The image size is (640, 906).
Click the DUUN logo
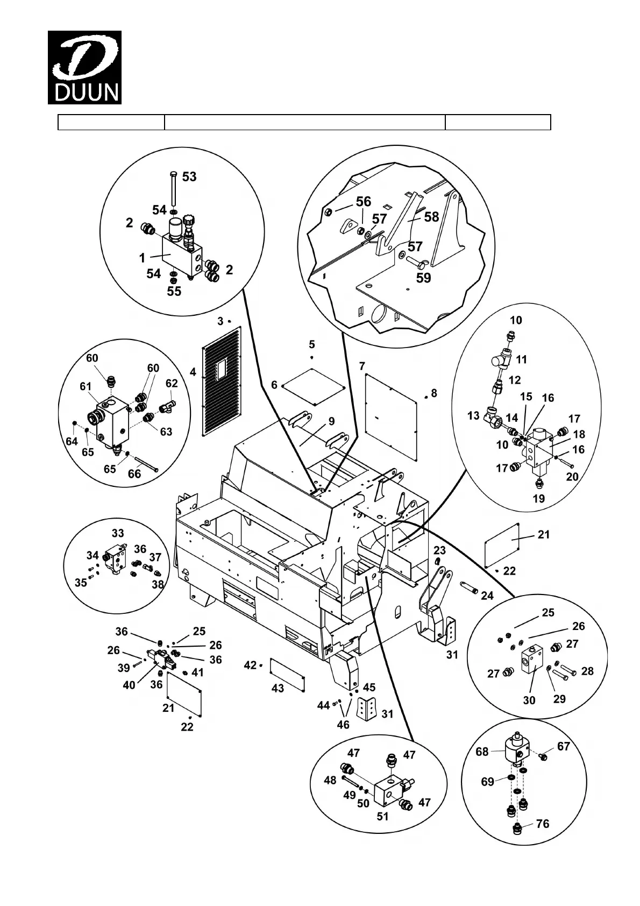point(84,67)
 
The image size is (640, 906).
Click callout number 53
point(189,176)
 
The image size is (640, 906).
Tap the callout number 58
point(431,217)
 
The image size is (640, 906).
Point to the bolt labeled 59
point(415,261)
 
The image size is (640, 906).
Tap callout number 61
point(86,386)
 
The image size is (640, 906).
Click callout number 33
point(118,533)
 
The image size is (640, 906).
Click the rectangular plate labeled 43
point(287,674)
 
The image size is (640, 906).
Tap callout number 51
point(382,816)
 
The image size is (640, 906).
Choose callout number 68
point(482,752)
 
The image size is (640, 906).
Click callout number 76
point(543,824)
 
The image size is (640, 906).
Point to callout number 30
point(529,700)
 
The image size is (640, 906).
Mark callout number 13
point(473,416)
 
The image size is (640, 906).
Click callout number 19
point(538,498)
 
